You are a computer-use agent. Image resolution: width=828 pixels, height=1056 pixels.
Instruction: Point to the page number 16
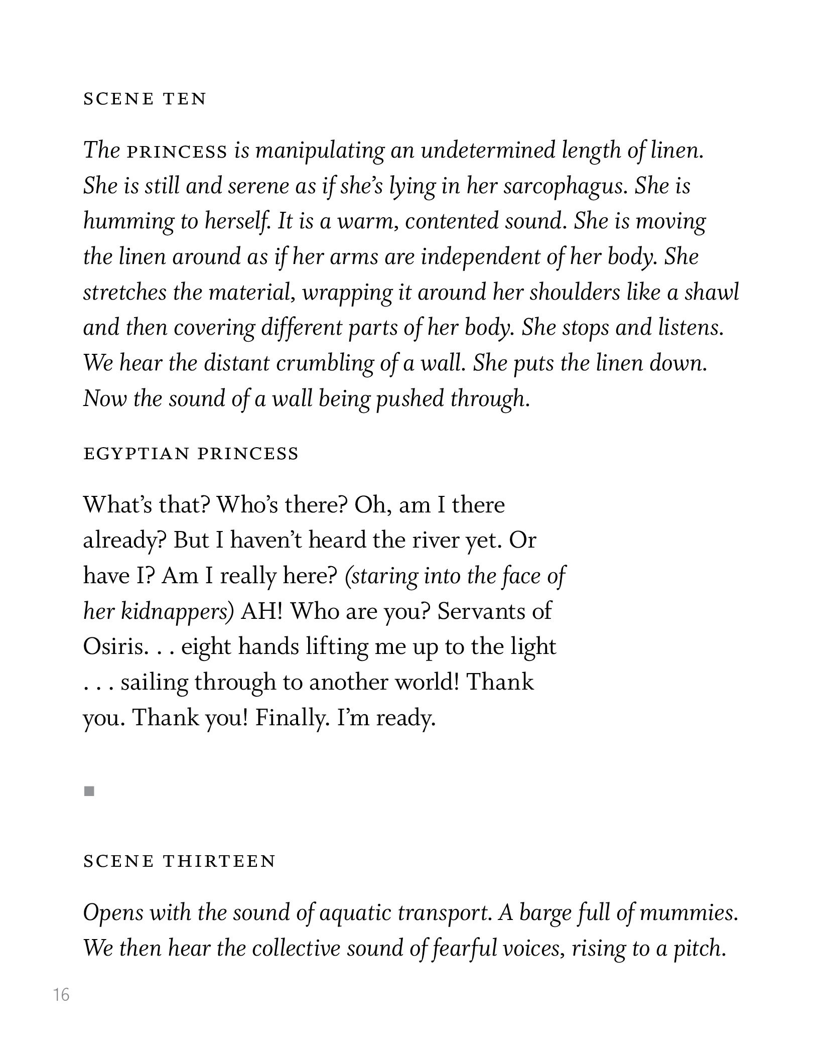click(61, 994)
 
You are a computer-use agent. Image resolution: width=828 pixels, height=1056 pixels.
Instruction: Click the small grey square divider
click(90, 791)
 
